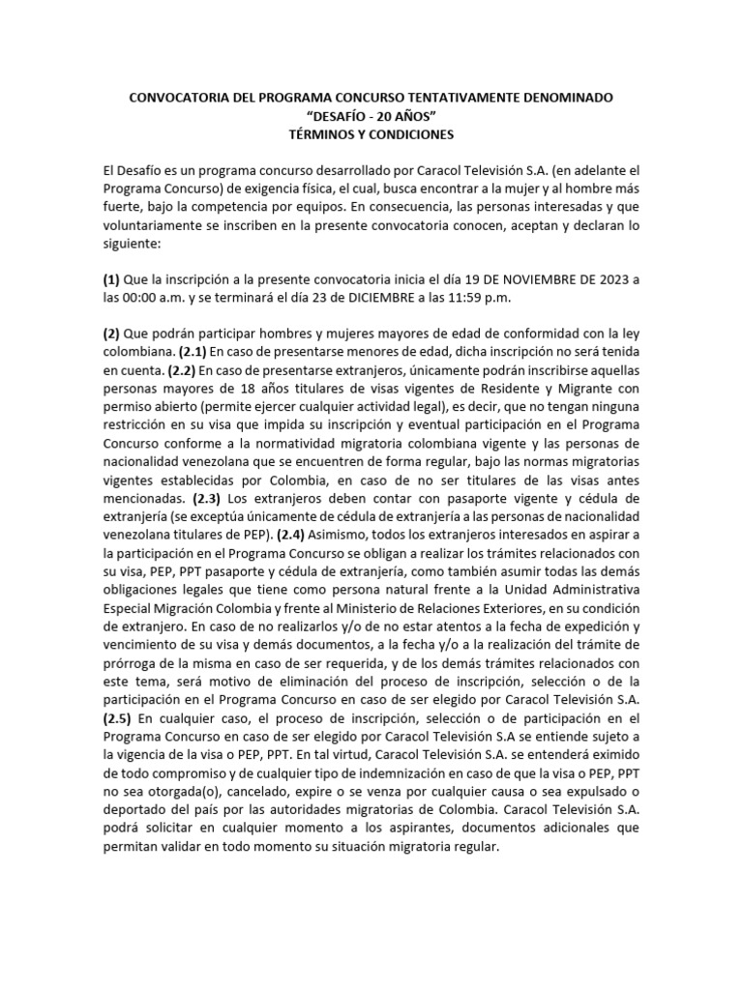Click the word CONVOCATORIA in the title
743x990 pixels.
pos(174,100)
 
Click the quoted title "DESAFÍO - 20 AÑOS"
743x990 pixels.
pos(371,117)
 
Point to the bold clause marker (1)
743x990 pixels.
pos(113,279)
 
